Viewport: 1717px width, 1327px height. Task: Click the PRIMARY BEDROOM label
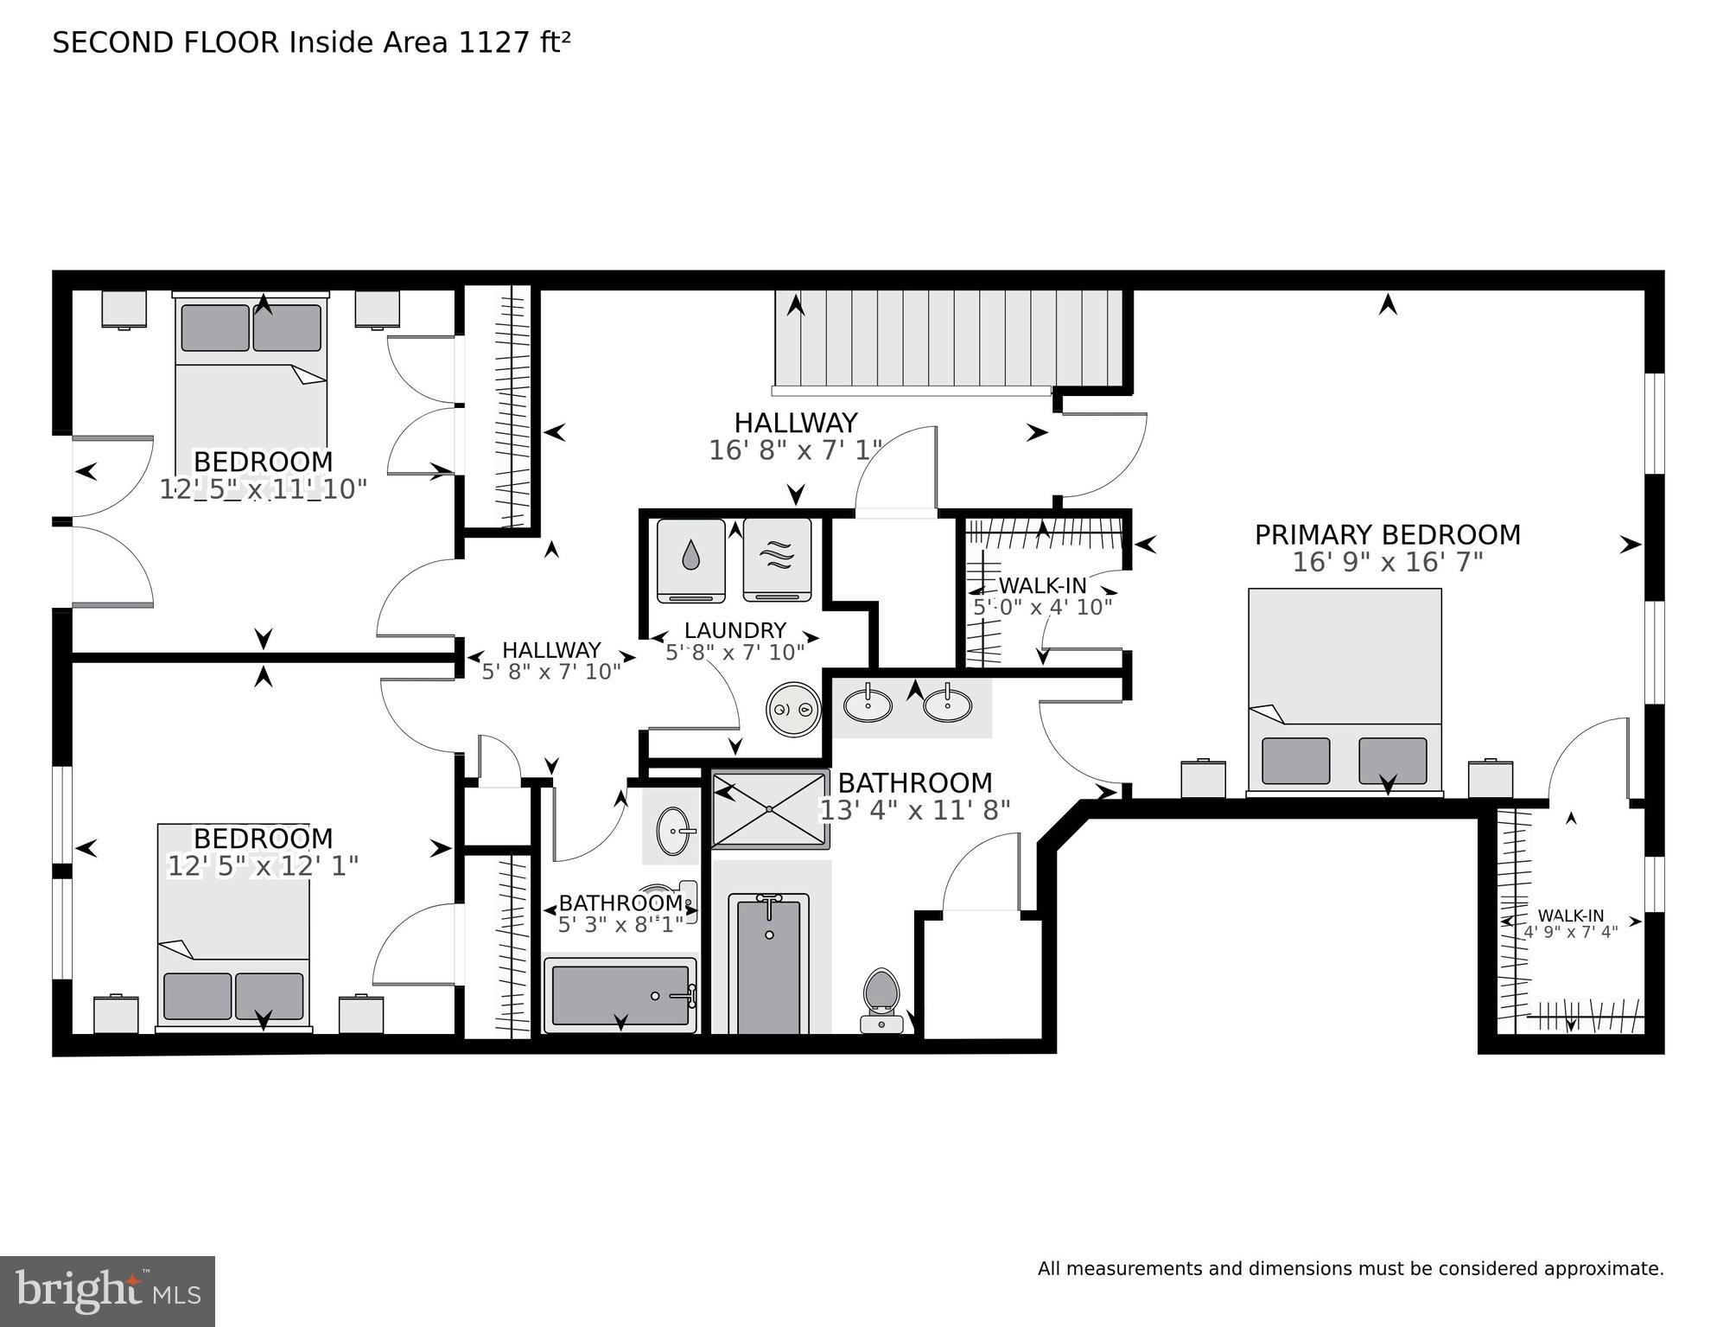(1387, 535)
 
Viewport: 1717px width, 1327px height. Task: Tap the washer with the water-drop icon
(690, 559)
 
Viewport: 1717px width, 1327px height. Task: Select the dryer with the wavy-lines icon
(777, 559)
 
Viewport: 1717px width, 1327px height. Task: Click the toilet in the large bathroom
(881, 998)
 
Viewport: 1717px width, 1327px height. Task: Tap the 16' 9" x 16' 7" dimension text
(1387, 563)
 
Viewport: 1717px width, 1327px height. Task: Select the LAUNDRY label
(735, 630)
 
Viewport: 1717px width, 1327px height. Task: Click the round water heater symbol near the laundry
(793, 710)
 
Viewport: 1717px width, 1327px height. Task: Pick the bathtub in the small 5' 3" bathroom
(620, 995)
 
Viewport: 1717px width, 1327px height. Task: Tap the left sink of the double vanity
(868, 705)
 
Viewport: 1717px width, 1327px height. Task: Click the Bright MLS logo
(107, 1291)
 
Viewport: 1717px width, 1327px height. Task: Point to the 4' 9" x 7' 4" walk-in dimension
(1570, 933)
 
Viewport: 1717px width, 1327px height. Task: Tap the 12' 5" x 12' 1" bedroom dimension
(263, 866)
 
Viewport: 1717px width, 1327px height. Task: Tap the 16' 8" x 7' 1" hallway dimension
(795, 450)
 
